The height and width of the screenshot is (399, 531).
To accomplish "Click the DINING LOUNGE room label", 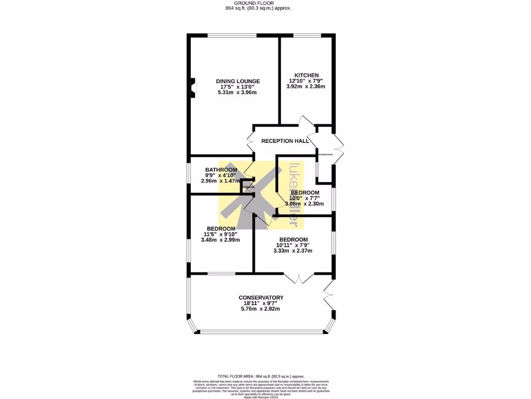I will (x=237, y=81).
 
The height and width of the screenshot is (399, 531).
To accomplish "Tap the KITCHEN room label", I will (x=306, y=75).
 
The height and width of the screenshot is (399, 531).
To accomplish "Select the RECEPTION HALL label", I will (x=285, y=141).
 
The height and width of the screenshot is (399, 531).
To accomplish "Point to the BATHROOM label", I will (x=221, y=170).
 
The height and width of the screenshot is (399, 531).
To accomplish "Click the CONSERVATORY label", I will (x=261, y=298).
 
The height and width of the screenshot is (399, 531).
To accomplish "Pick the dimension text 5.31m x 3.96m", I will (x=237, y=92).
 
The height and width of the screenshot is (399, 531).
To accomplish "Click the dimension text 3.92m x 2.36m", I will (x=306, y=86).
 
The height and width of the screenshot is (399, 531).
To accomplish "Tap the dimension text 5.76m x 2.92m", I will (x=260, y=309).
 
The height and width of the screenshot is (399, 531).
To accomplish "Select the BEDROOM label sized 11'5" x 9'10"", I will (x=221, y=229).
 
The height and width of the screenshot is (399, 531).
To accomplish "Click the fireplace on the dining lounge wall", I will (x=193, y=87).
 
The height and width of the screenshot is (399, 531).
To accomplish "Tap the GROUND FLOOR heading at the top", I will (x=258, y=3).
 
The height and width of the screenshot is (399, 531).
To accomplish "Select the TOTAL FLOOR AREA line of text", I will (x=261, y=376).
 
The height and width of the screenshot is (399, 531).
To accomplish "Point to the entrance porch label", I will (x=325, y=154).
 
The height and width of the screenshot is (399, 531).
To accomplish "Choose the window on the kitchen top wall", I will (x=306, y=35).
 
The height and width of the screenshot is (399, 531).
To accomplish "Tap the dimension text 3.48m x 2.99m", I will (x=220, y=240).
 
